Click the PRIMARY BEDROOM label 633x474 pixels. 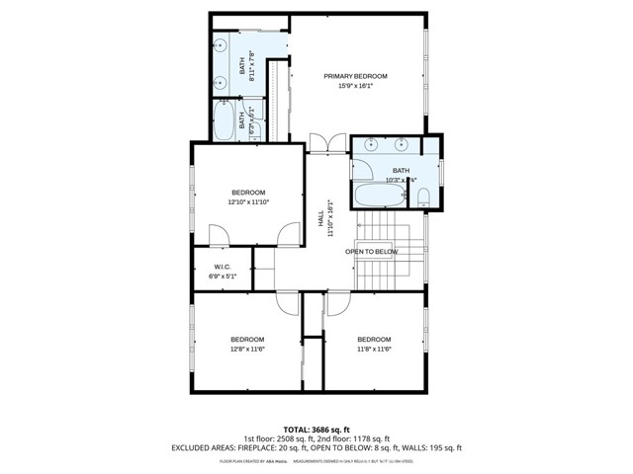point(356,76)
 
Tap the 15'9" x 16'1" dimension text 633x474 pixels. point(356,86)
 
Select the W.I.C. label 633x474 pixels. point(223,268)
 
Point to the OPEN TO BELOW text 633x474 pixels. point(371,252)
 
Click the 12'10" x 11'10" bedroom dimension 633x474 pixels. point(249,201)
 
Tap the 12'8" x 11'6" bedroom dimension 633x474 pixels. point(248,349)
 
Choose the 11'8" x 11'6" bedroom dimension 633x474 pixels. point(375,349)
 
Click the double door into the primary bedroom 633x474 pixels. point(323,143)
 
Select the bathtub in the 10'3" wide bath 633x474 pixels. point(380,195)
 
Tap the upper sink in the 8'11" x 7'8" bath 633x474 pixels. point(222,46)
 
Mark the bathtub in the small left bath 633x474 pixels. point(225,123)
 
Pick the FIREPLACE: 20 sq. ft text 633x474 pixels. point(278,447)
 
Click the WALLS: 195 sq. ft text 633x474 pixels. point(432,447)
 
